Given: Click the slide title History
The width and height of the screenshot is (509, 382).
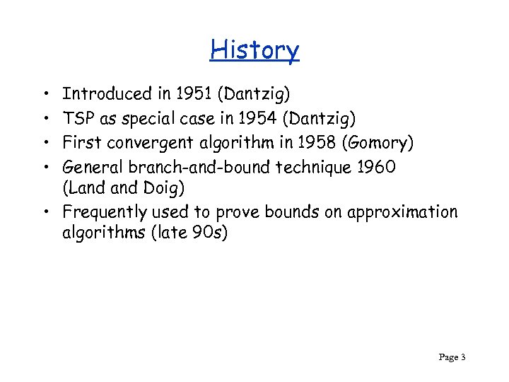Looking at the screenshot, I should pos(255,50).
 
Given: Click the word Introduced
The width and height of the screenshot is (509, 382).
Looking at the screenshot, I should pos(107,93).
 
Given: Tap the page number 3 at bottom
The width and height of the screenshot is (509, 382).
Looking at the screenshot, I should pos(462,357).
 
